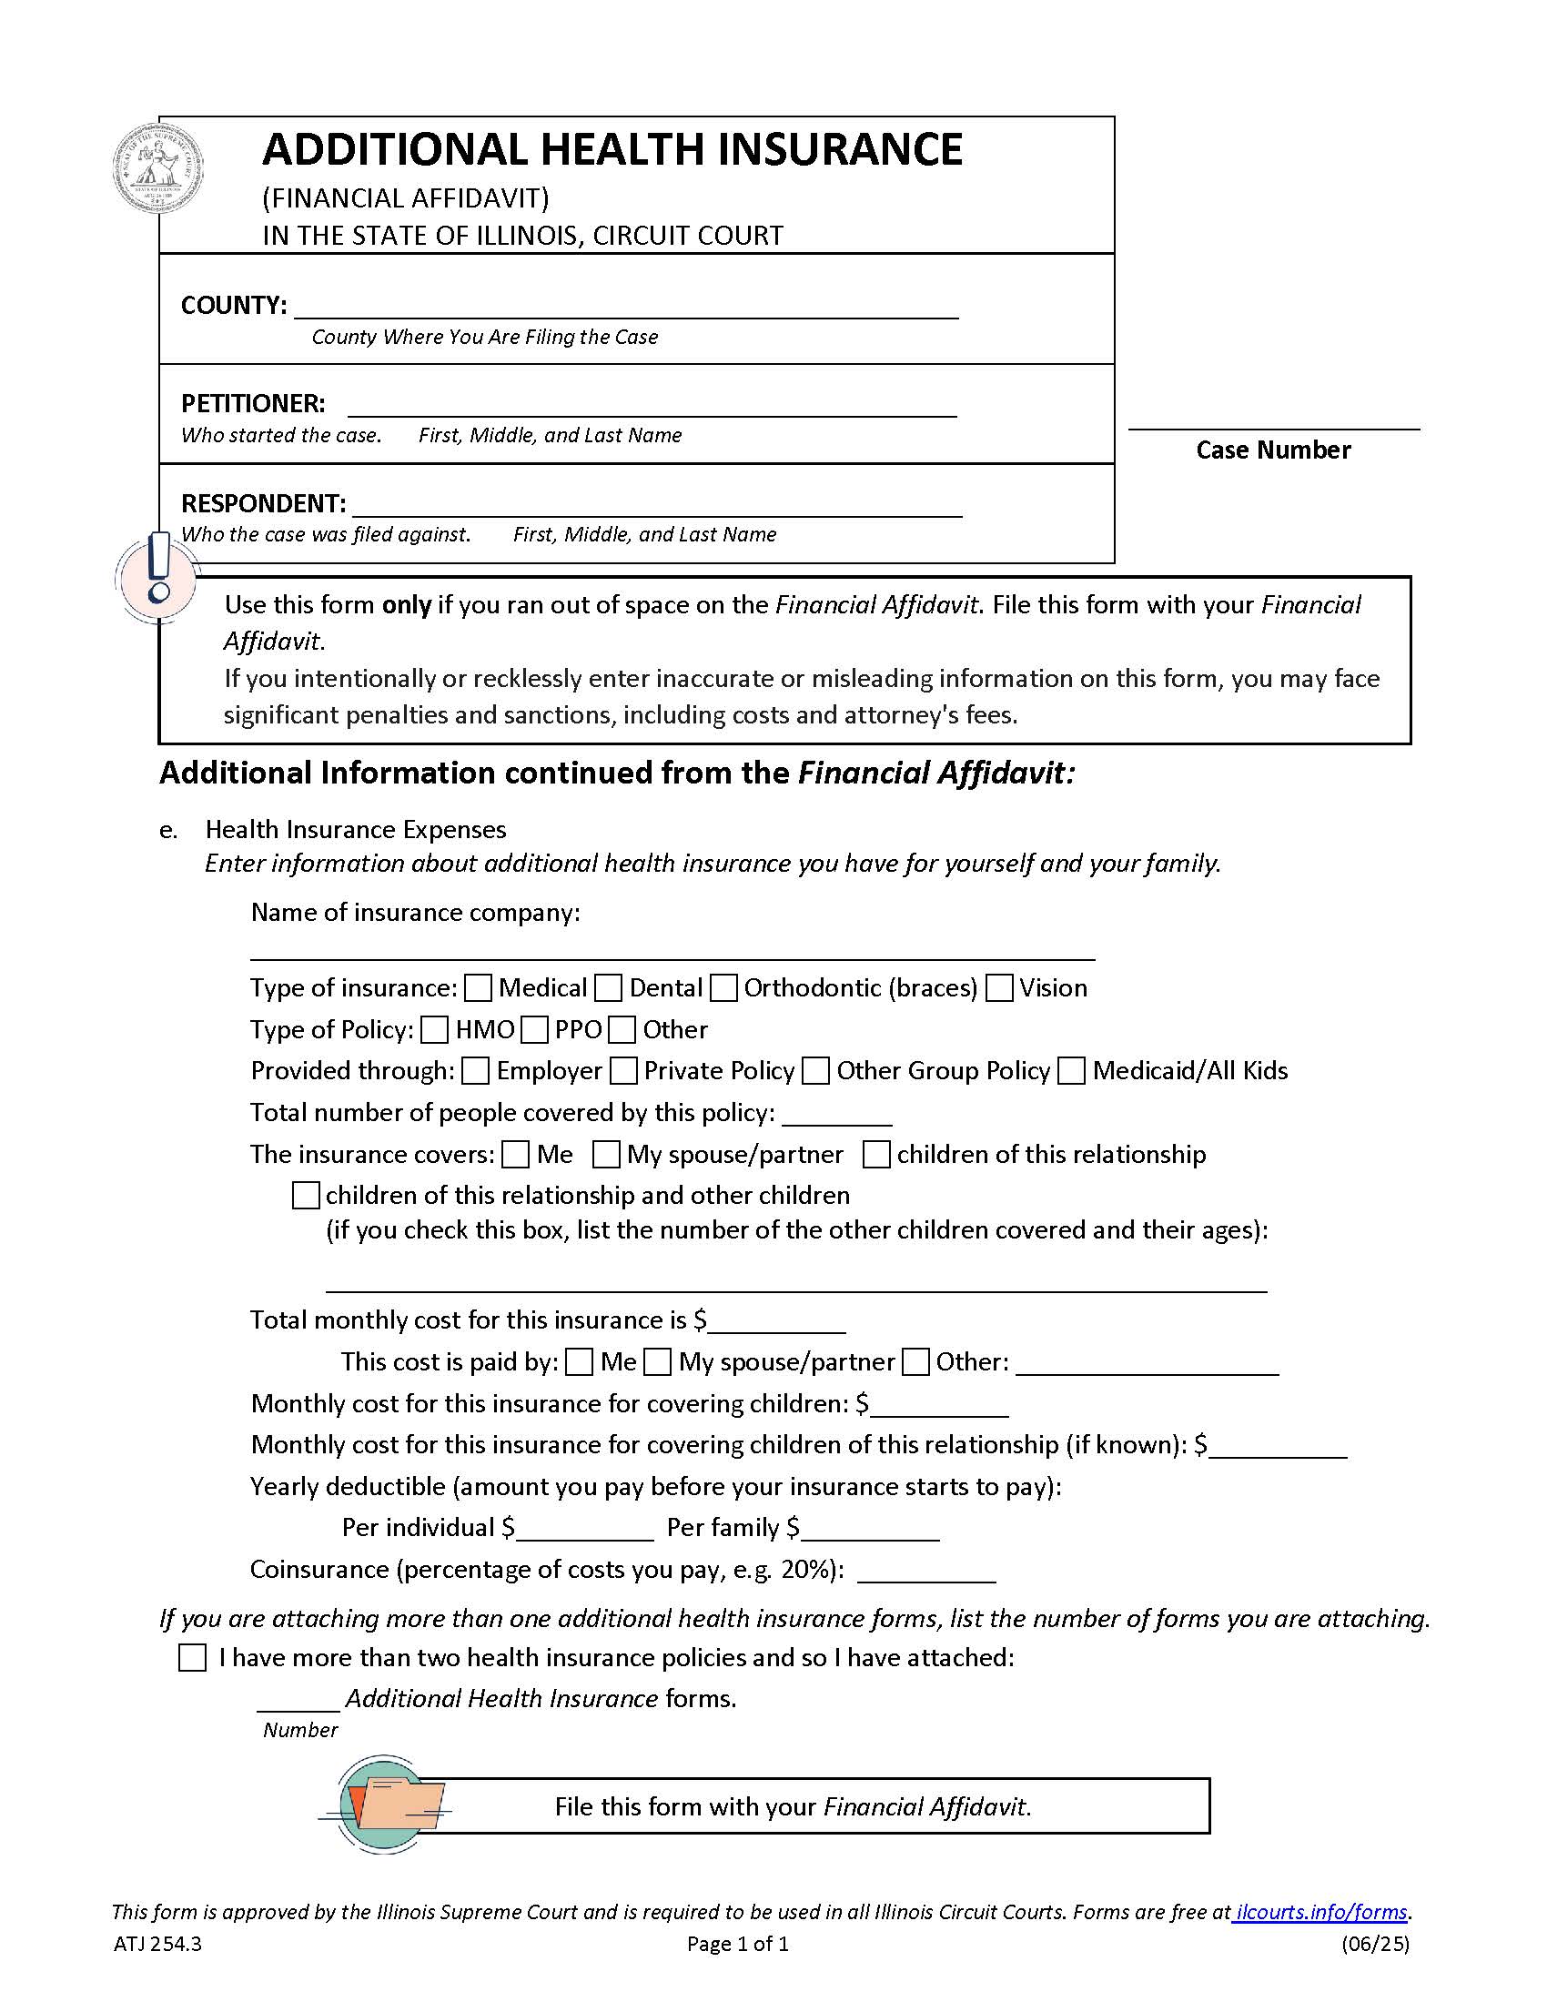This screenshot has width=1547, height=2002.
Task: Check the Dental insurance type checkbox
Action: [608, 988]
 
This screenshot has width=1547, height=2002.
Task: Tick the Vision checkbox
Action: [999, 988]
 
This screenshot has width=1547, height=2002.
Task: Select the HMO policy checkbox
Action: [434, 1029]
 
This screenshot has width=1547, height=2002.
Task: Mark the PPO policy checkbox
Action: [533, 1029]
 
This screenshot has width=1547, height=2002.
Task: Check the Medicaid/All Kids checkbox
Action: [1070, 1071]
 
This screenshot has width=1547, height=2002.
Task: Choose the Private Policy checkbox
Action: [623, 1071]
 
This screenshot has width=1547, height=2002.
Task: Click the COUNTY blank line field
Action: [625, 307]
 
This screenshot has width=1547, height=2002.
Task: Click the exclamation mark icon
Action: [157, 576]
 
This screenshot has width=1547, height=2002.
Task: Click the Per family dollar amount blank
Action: [870, 1529]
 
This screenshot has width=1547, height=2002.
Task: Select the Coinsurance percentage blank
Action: [925, 1571]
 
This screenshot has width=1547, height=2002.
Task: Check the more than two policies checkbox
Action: [191, 1657]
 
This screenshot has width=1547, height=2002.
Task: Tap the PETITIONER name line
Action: [651, 406]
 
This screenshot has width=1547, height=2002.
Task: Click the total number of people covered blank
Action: [836, 1114]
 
